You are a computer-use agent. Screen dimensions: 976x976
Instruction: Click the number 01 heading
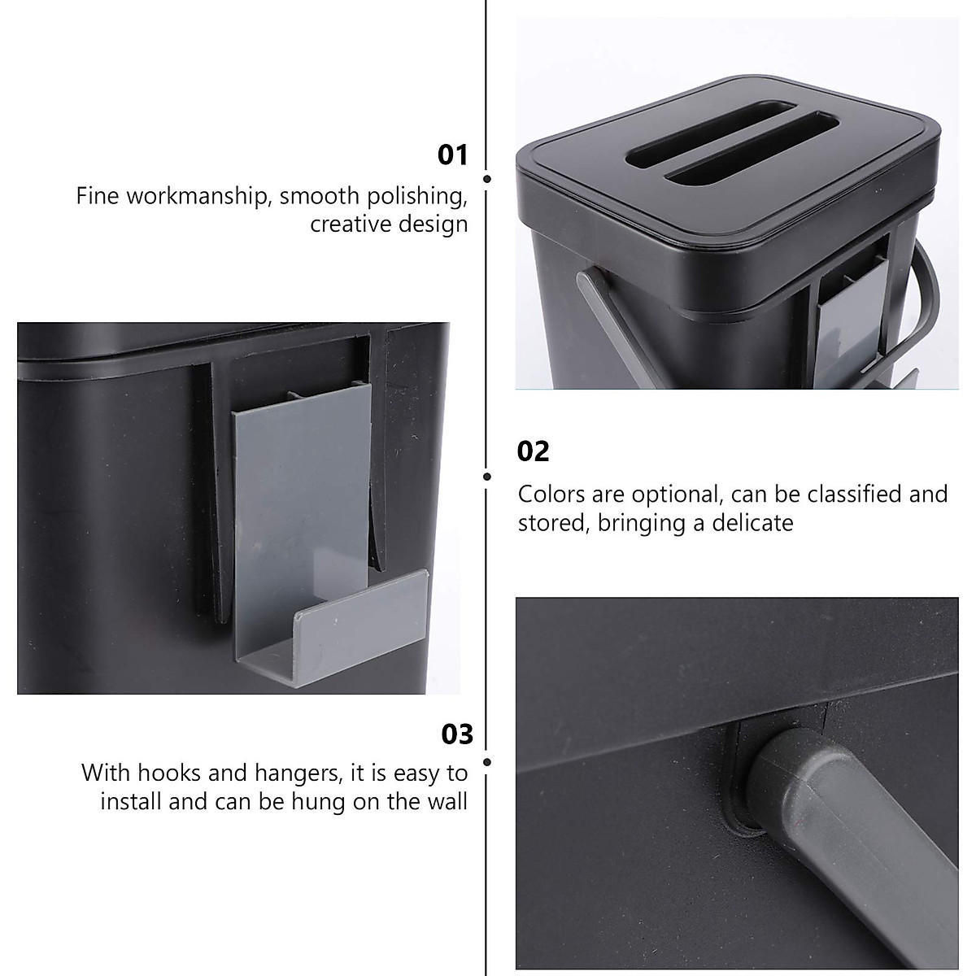tap(453, 155)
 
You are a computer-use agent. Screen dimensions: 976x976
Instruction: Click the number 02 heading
tap(534, 451)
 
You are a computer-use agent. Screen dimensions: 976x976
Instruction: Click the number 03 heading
tap(456, 734)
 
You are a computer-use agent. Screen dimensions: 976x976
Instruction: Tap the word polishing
tap(418, 196)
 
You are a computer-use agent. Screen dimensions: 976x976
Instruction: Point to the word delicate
tap(752, 522)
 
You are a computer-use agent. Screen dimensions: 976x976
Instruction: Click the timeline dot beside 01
tap(486, 179)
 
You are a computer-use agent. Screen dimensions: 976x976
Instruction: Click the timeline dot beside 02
tap(486, 477)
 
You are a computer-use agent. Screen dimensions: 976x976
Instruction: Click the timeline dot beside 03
tap(486, 762)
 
